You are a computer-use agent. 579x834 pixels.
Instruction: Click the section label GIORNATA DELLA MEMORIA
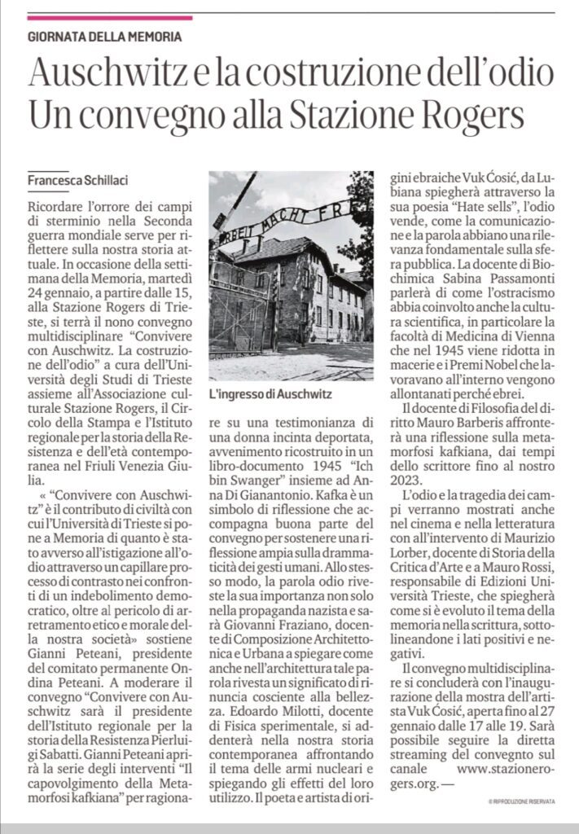click(x=104, y=37)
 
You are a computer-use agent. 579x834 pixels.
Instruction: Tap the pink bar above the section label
click(x=110, y=17)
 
